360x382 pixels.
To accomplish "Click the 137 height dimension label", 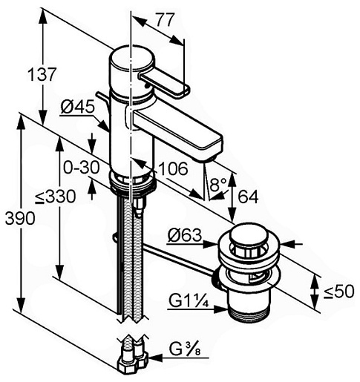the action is click(42, 74).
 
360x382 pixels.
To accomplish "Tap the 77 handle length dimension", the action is click(165, 20).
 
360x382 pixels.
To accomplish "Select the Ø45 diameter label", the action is click(78, 107).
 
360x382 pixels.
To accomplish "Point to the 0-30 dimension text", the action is click(82, 168).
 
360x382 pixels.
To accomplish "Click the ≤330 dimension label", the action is click(56, 197).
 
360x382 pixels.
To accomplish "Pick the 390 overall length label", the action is click(20, 218).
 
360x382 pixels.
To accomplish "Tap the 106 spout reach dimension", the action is click(173, 169).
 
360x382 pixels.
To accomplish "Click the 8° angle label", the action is click(218, 185).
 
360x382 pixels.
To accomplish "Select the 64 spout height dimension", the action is click(248, 197).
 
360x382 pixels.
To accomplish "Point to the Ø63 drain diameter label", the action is click(185, 235).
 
